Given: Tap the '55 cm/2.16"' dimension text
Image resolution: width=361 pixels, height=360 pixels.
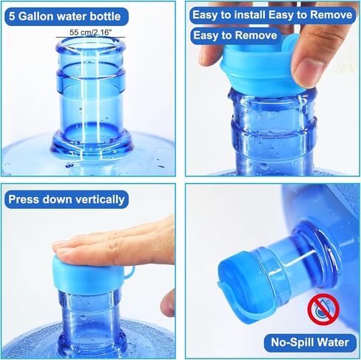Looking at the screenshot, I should pyautogui.click(x=90, y=32).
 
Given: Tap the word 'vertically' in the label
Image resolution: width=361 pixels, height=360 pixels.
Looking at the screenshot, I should pyautogui.click(x=95, y=199).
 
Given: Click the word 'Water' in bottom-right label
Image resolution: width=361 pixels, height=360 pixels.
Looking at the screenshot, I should pyautogui.click(x=331, y=342).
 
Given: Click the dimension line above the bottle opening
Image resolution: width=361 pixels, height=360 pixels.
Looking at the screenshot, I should pyautogui.click(x=90, y=38).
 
